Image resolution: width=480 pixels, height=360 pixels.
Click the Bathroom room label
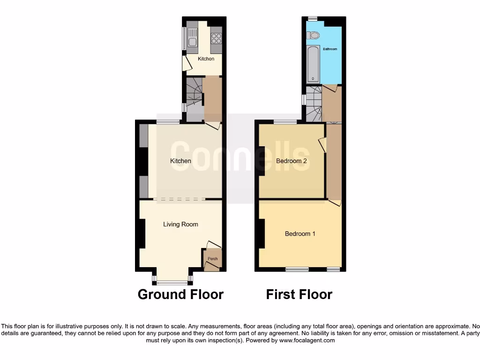(330, 49)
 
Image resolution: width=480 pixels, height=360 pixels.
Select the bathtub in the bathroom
(313, 64)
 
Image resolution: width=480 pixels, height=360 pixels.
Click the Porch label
(213, 259)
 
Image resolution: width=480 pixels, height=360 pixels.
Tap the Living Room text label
(180, 225)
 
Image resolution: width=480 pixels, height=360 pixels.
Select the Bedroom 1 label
(300, 233)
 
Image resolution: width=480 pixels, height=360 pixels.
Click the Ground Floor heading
(180, 294)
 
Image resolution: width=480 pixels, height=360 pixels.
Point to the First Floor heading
(299, 294)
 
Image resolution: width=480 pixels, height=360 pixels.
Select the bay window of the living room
(172, 282)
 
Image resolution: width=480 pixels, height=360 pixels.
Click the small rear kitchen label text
(206, 59)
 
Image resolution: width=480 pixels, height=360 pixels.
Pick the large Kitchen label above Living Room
(180, 161)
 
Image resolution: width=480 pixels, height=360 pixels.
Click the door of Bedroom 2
(322, 144)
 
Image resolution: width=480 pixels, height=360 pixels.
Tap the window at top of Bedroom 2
(285, 122)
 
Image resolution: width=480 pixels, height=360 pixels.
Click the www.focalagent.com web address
(307, 340)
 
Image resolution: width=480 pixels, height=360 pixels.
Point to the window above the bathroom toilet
(313, 18)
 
